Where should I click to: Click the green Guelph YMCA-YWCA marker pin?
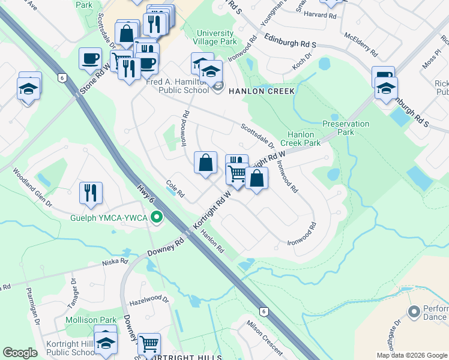pos(157,217)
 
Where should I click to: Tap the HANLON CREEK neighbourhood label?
pos(260,91)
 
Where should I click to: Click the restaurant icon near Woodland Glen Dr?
pos(91,193)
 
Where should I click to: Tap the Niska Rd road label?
pos(115,262)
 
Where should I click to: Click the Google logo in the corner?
pos(20,353)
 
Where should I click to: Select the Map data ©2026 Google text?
pos(412,355)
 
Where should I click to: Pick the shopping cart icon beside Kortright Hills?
pos(149,344)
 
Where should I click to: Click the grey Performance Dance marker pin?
pos(413,312)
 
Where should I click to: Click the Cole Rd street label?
pos(175,190)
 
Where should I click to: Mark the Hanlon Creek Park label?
pos(304,139)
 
